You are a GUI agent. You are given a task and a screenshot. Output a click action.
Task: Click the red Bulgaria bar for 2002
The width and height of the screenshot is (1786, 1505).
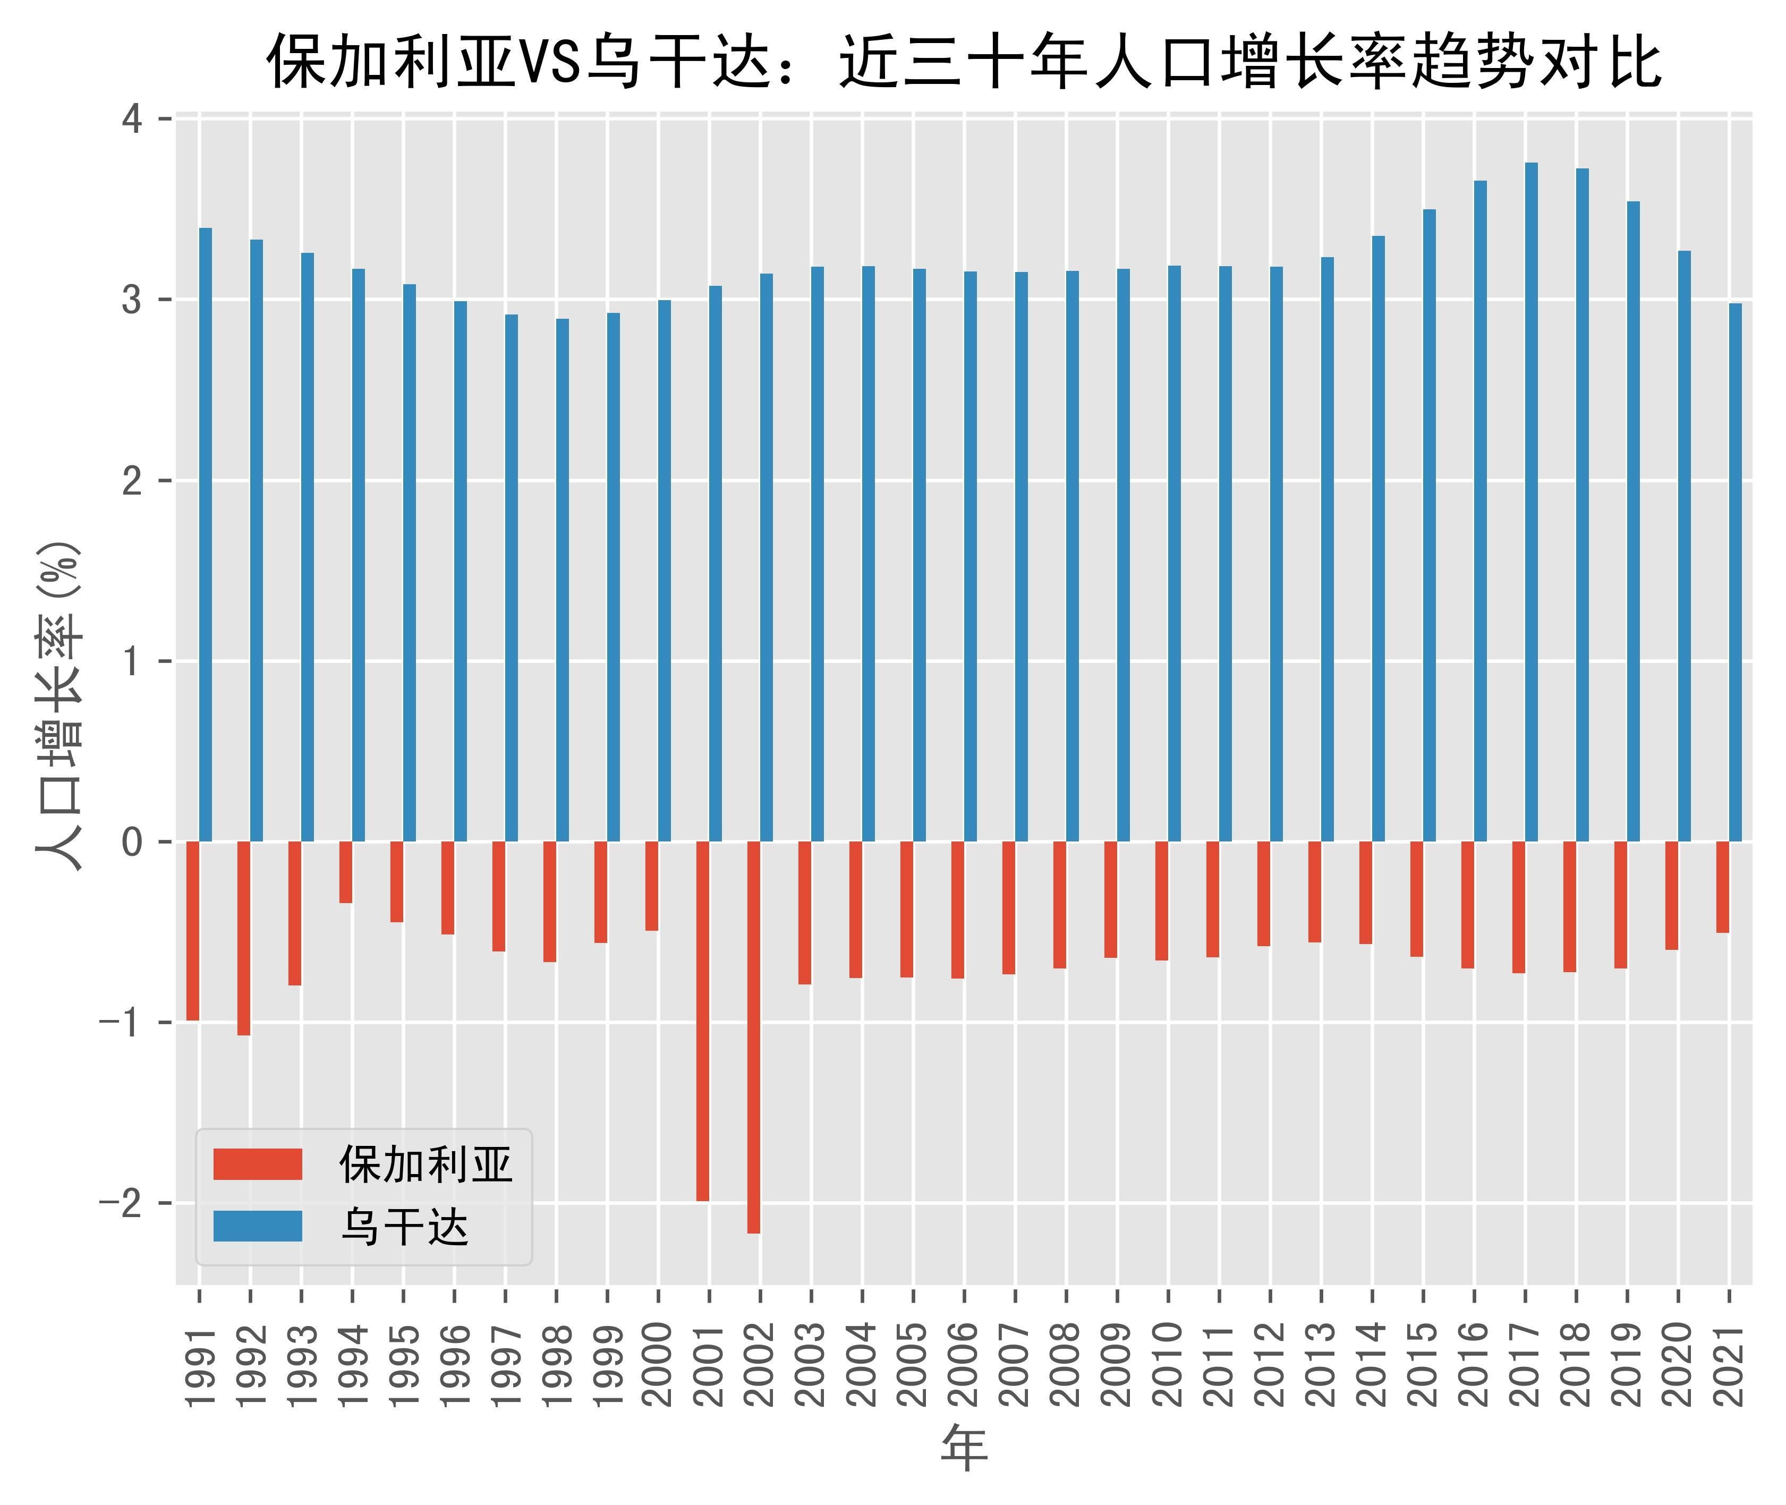tap(753, 1036)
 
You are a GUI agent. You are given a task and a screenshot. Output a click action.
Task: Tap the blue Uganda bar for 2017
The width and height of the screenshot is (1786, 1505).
tap(1531, 501)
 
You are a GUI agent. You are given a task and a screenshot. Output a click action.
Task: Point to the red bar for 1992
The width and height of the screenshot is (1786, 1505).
tap(244, 938)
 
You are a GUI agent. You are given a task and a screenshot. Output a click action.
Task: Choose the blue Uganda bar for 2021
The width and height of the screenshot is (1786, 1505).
tap(1735, 572)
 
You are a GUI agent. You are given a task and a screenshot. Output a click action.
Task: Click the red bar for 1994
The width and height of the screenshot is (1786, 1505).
tap(346, 872)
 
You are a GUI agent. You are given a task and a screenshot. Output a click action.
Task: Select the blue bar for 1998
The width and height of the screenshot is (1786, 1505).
tap(563, 579)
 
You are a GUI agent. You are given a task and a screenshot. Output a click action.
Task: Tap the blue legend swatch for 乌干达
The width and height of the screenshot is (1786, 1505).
tap(258, 1226)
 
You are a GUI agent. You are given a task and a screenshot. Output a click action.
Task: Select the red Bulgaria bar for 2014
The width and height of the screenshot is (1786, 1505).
tap(1365, 892)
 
